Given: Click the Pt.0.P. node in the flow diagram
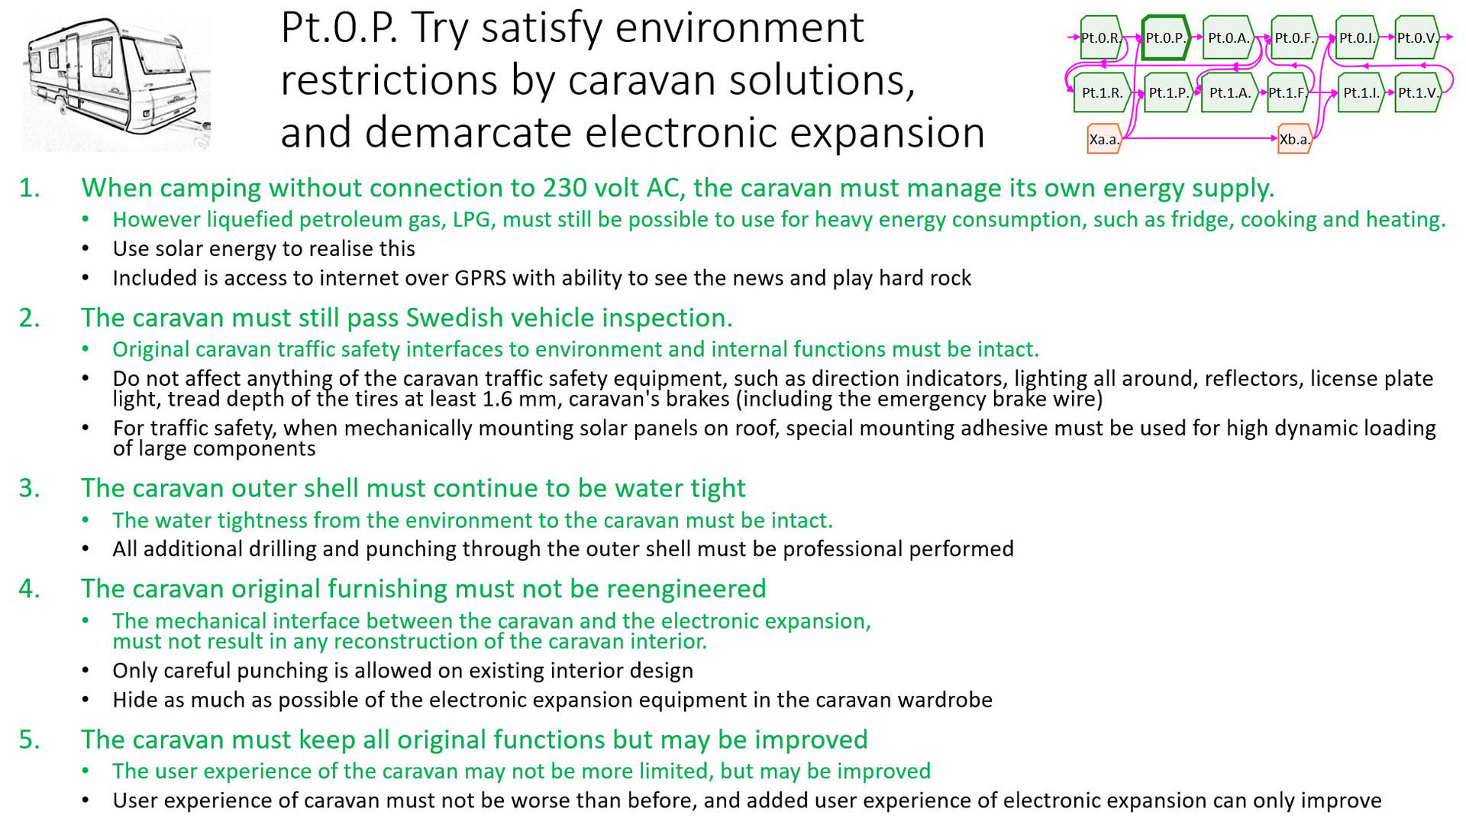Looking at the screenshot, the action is tap(1166, 37).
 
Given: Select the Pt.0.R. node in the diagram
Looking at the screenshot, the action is tap(1101, 37).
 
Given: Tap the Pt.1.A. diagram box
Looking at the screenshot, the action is tap(1229, 93).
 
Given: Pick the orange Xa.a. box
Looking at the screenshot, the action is tap(1104, 139).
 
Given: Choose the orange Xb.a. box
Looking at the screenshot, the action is tap(1295, 139).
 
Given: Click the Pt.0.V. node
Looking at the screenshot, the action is tap(1417, 37).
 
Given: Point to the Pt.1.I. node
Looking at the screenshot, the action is tap(1361, 93).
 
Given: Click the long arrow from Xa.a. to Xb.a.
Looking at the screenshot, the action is tap(1200, 138).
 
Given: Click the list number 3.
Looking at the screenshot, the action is tap(29, 488).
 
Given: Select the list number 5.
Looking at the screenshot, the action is tap(29, 739).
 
